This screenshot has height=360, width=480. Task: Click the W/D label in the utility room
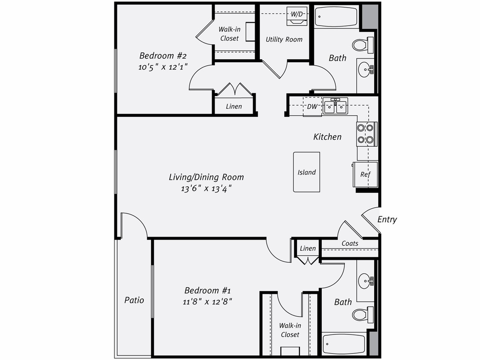point(297,14)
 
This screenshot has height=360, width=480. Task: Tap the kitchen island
point(306,172)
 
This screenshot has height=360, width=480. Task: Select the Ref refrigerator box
point(365,174)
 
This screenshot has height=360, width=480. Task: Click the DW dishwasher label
point(312,107)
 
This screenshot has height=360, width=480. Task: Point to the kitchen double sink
point(335,106)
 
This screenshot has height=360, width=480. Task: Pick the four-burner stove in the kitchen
point(366,134)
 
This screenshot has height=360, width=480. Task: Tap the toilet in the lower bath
point(363,314)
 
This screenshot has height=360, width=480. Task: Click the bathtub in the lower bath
point(344,344)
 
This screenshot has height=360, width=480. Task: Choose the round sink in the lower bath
point(364,281)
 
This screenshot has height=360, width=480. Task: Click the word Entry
point(387,220)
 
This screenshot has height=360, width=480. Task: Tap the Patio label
point(134,300)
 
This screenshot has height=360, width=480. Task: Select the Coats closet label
point(350,244)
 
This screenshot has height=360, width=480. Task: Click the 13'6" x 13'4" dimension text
point(206,189)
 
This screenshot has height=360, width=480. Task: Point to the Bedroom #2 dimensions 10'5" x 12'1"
point(163,67)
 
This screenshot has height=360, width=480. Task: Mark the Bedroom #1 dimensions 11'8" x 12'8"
point(207,302)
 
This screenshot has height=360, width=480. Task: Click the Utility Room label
point(284,39)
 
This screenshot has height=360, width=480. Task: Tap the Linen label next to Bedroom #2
point(234,106)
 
